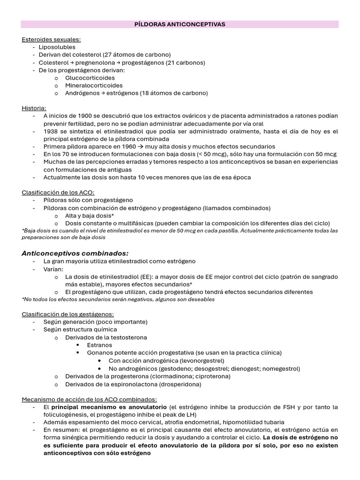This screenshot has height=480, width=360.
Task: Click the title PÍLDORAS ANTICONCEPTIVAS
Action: tap(180, 24)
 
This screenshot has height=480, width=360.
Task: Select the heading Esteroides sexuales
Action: tap(51, 39)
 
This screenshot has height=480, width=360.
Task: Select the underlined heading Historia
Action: tap(34, 108)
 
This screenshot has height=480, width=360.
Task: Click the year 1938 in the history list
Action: tap(52, 131)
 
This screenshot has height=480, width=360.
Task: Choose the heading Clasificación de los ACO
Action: tap(58, 192)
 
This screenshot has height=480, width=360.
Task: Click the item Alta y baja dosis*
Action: tap(90, 215)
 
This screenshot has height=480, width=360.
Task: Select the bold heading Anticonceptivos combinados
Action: tap(75, 253)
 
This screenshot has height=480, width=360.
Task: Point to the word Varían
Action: tap(53, 269)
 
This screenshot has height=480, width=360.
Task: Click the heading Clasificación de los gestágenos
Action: tap(68, 314)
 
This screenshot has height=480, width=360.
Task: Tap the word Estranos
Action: tap(100, 345)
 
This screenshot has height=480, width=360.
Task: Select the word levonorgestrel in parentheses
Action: tap(199, 360)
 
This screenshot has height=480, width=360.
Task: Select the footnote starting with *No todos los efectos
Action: tap(118, 299)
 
